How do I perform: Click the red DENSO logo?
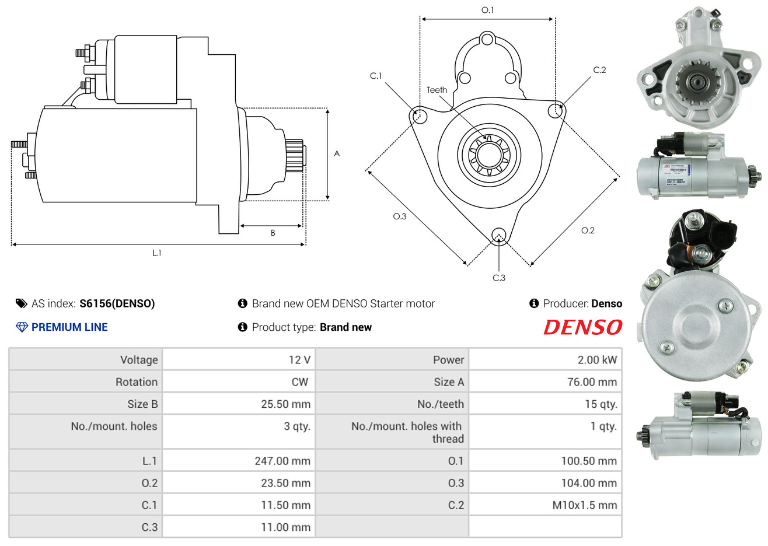(582, 327)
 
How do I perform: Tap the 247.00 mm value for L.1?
(282, 461)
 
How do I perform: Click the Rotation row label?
(137, 382)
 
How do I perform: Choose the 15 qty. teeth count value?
(601, 404)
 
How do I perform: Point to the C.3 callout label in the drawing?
(499, 278)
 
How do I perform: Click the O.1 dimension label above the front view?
(487, 10)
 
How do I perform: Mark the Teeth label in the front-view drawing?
(437, 90)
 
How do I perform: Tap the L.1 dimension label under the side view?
(156, 253)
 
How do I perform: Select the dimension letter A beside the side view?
(337, 153)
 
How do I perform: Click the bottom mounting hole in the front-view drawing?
(499, 236)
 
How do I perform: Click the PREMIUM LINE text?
(69, 327)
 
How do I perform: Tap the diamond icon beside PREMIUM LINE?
(22, 327)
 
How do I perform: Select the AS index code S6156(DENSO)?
(117, 303)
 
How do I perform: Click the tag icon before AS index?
(21, 303)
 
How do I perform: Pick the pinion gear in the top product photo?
(697, 82)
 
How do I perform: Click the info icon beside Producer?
(534, 303)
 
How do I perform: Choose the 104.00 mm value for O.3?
(589, 483)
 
